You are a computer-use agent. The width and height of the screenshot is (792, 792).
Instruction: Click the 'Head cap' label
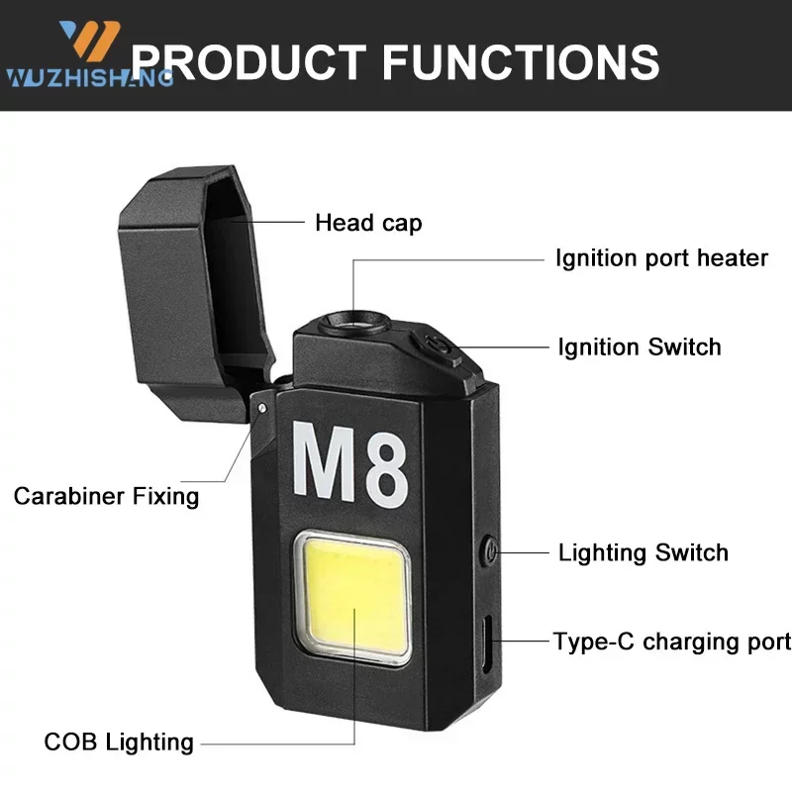point(368,223)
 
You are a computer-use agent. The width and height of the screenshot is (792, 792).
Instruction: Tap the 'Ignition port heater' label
point(661,258)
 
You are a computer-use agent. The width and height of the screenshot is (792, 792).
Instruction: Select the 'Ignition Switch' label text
point(640,346)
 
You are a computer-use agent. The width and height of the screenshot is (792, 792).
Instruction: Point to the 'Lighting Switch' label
point(643,552)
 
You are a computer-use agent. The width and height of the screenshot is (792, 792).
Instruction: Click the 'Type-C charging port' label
point(672,642)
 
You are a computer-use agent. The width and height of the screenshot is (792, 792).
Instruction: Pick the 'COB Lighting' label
point(119,741)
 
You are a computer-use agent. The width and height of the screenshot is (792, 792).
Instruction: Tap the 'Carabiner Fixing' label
point(106,495)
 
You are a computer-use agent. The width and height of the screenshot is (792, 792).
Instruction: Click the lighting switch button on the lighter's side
point(488,550)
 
